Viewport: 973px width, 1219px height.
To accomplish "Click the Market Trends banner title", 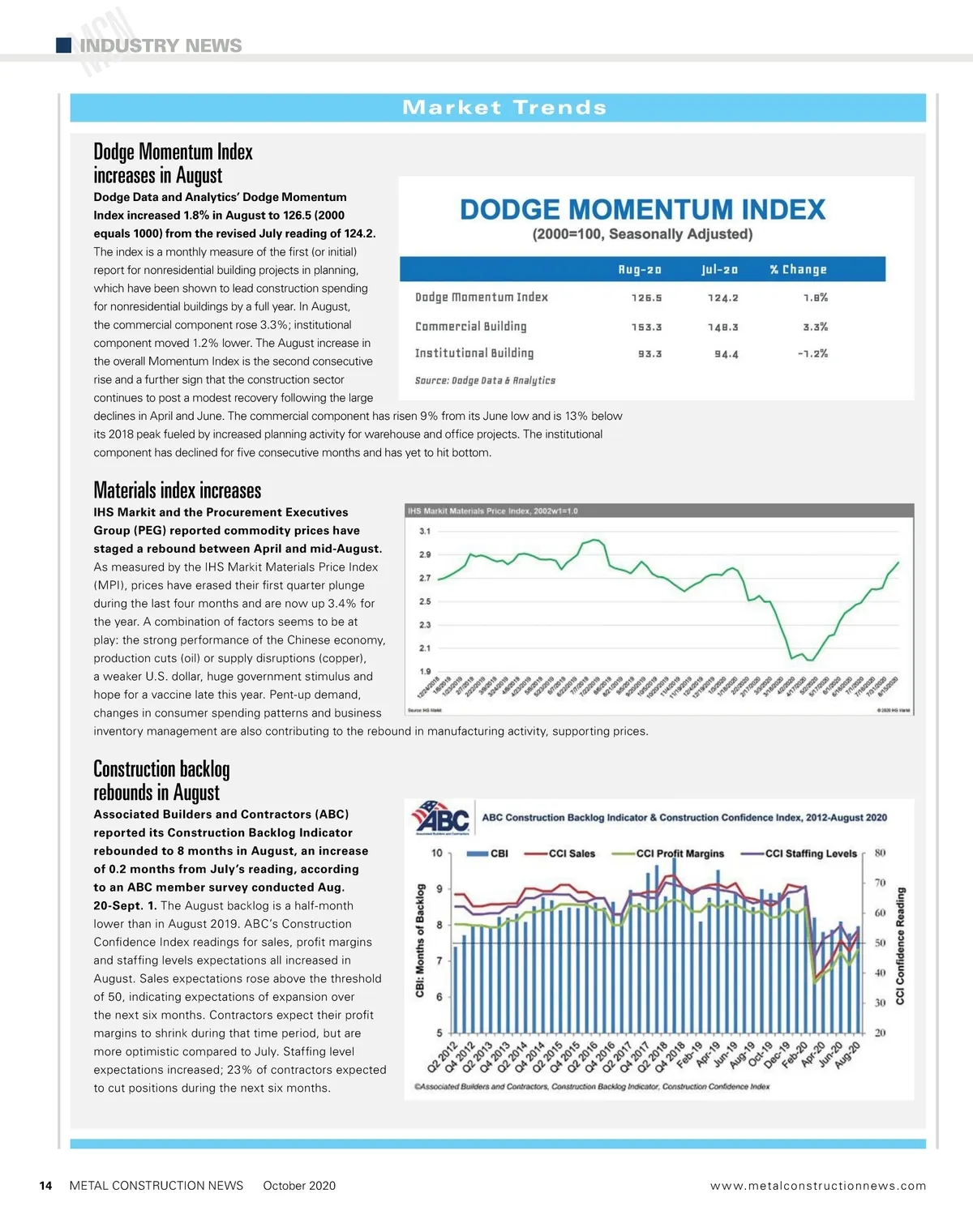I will pos(504,108).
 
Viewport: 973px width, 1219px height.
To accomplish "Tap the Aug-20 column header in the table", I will pos(640,270).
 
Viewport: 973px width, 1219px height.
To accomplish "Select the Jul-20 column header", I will pos(720,270).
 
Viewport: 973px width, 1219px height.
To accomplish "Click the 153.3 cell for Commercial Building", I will pos(646,327).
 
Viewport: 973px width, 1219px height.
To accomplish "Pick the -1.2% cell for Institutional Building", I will pos(812,354).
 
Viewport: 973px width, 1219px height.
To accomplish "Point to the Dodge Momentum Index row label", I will pos(482,297).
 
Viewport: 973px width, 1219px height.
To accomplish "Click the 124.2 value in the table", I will pos(722,298).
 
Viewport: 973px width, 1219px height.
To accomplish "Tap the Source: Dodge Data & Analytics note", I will pos(485,380).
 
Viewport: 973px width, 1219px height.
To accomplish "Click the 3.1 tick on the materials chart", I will pos(425,532).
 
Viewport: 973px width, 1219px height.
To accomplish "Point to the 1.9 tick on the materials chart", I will pos(425,671).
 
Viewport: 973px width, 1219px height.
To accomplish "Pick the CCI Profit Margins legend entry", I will pos(669,853).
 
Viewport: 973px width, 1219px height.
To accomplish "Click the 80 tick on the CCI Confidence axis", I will pos(880,853).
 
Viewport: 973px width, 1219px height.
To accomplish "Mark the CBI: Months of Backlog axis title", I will pos(420,940).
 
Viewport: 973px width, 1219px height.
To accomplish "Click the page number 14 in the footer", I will pos(46,1186).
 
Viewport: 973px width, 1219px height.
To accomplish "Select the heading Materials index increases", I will pos(177,490).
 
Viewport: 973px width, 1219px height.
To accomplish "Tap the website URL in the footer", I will pos(817,1186).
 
